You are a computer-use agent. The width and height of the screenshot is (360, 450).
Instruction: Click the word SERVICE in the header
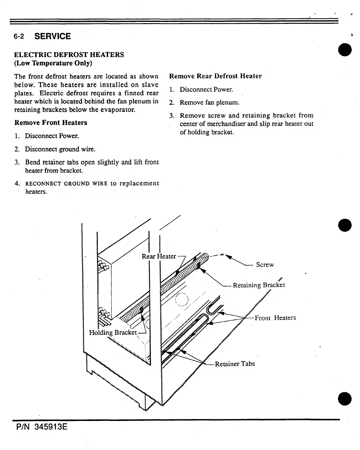click(52, 36)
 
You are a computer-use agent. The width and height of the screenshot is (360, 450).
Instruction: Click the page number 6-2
click(19, 37)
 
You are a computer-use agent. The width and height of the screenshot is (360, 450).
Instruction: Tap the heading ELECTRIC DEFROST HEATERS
click(69, 55)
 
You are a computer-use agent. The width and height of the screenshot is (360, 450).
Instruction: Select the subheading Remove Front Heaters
click(51, 122)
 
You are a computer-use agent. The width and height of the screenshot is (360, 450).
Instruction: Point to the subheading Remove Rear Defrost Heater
click(215, 76)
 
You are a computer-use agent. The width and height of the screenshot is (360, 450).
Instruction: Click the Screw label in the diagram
click(265, 265)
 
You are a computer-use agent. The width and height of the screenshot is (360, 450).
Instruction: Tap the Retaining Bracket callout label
click(259, 285)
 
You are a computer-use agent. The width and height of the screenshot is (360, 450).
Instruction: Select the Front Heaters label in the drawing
click(275, 318)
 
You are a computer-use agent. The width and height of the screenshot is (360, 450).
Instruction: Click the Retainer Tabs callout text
click(235, 364)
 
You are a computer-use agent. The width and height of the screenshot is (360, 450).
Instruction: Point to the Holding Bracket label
click(113, 332)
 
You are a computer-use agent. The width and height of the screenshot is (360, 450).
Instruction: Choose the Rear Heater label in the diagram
click(159, 256)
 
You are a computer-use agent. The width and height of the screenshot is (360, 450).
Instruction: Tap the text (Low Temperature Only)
click(53, 63)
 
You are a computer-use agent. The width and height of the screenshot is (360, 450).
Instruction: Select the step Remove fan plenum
click(209, 102)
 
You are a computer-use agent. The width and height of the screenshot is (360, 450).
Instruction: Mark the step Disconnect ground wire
click(60, 149)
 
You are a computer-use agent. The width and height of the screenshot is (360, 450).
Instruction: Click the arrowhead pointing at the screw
click(228, 257)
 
